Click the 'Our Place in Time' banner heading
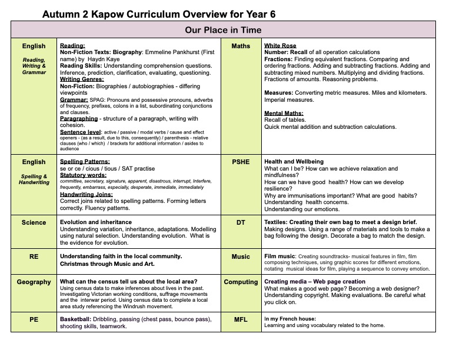(x=223, y=30)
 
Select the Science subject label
(x=34, y=223)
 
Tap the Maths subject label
(x=241, y=46)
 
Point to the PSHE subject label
(x=241, y=162)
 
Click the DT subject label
(x=241, y=223)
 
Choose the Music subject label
(x=241, y=256)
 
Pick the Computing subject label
(x=241, y=282)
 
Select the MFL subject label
(x=241, y=319)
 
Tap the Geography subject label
(x=34, y=282)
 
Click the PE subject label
(x=34, y=319)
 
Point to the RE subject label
(x=34, y=256)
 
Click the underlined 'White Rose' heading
(x=280, y=46)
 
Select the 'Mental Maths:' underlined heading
(x=284, y=113)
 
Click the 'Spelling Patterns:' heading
(x=85, y=162)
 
